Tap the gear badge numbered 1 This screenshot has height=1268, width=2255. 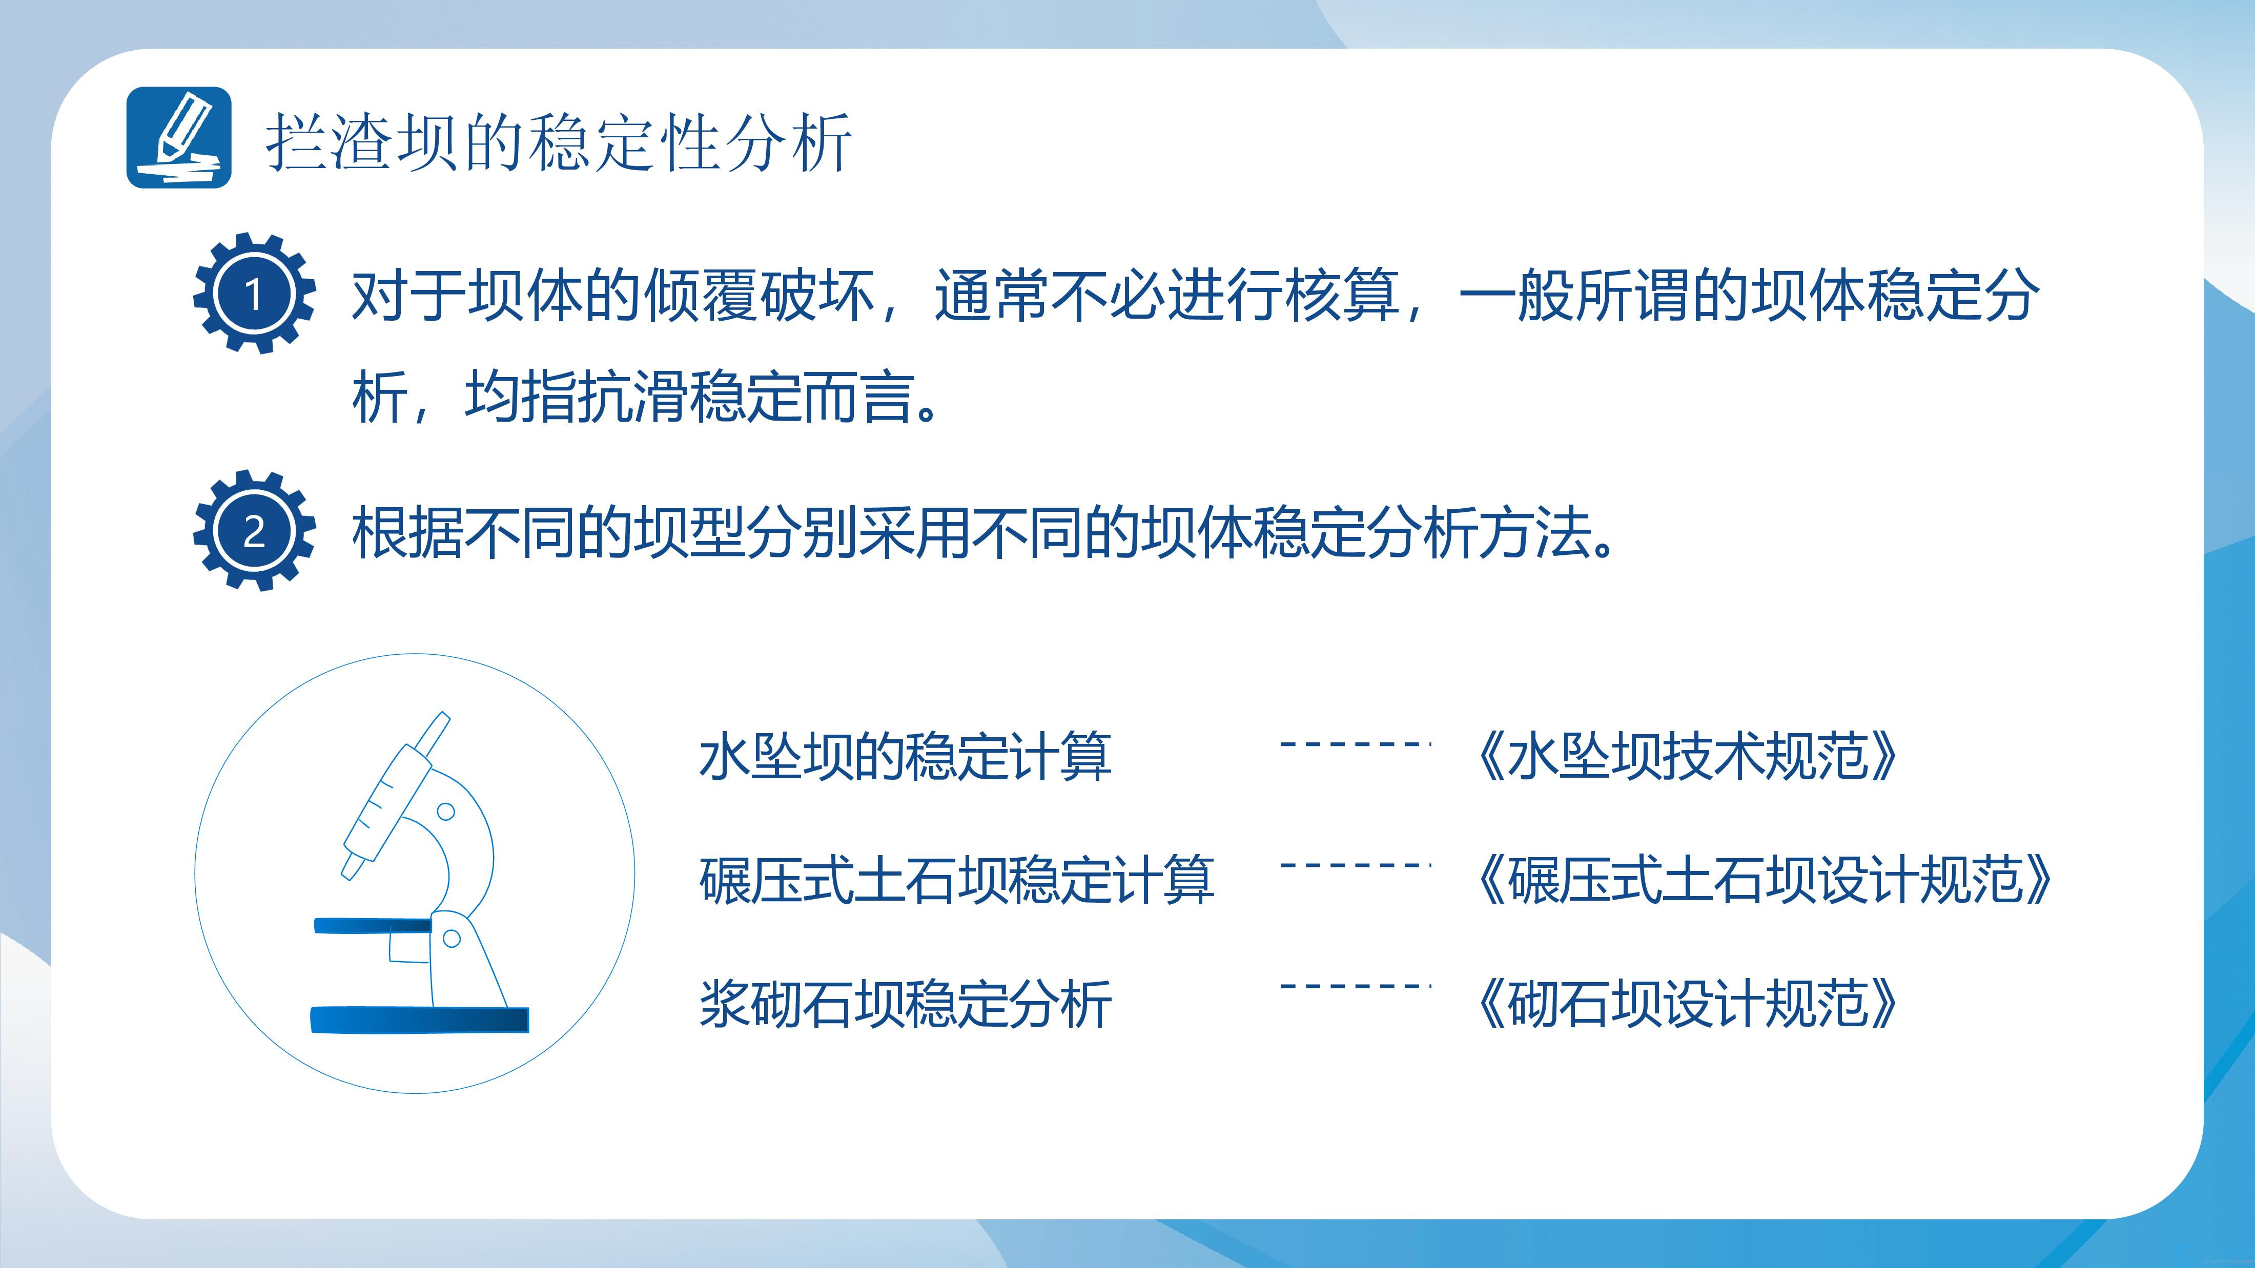coord(254,293)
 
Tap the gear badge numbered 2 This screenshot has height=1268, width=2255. coord(254,530)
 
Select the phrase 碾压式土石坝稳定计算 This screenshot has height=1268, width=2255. coord(957,880)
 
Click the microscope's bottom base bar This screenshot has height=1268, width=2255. coord(420,1020)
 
